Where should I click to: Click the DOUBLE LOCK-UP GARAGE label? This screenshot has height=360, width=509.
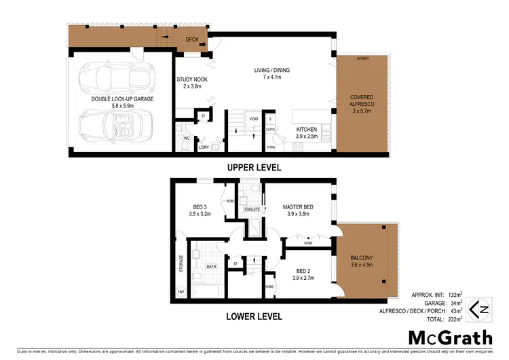[x=122, y=99]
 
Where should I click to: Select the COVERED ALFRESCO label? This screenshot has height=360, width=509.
[x=362, y=106]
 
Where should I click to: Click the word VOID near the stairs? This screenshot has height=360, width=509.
[x=254, y=119]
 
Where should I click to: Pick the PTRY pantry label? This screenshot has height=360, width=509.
[x=271, y=147]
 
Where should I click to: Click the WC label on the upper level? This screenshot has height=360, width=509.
[x=185, y=138]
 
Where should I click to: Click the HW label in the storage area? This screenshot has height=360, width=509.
[x=181, y=292]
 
